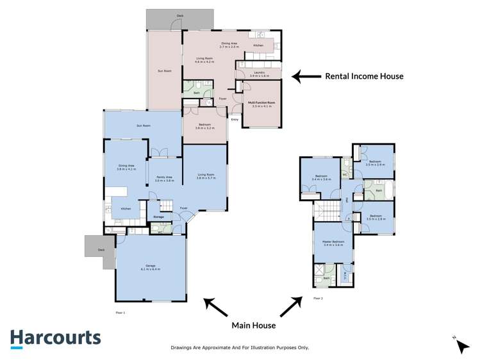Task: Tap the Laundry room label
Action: click(258, 74)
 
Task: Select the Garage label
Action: click(151, 267)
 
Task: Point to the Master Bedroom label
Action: click(333, 242)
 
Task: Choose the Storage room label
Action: click(158, 217)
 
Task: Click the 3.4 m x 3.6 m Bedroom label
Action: click(321, 177)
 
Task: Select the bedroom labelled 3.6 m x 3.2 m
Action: click(204, 126)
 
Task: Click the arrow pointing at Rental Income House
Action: click(305, 76)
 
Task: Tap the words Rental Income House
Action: click(364, 76)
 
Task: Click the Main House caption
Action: click(253, 325)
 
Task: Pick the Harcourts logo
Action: click(55, 338)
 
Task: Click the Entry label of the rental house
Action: click(235, 119)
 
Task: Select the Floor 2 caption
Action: click(318, 299)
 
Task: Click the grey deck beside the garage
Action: click(98, 247)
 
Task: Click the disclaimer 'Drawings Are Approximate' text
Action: click(240, 347)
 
